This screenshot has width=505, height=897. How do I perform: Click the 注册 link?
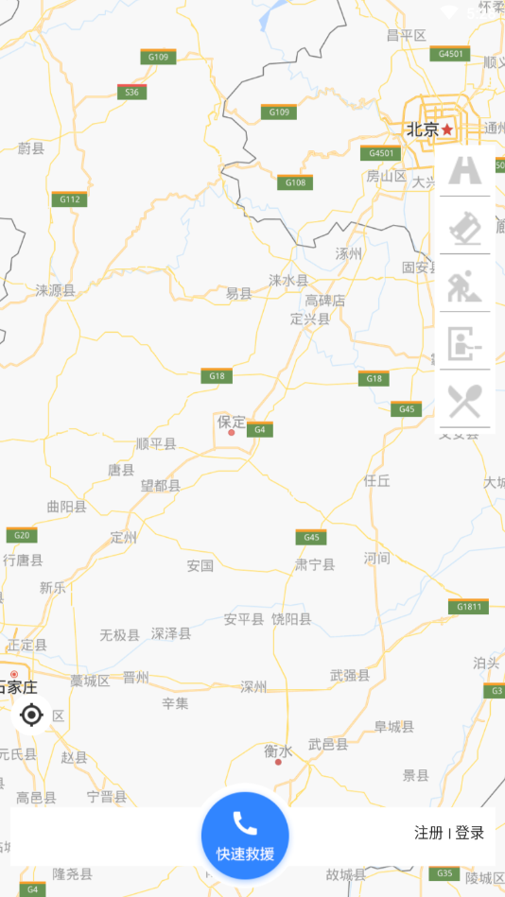point(428,833)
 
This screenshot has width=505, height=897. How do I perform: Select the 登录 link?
point(470,833)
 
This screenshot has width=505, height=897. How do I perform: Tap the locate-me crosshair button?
point(31,715)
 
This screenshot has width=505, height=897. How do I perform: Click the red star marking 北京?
point(447,129)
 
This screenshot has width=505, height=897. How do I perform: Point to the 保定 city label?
point(232,422)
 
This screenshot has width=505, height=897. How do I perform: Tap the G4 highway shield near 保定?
point(260,429)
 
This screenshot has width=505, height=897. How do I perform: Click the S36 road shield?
point(131,92)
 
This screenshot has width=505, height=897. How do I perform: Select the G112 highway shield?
point(69,198)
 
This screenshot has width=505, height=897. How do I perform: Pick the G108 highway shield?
point(295,181)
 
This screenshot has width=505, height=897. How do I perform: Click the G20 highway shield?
point(22,535)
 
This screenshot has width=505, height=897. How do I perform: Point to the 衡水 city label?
point(278,750)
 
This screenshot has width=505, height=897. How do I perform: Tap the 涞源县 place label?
point(55,290)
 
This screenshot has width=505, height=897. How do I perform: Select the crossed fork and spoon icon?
point(465,401)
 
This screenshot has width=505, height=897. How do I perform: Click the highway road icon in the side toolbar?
point(465,171)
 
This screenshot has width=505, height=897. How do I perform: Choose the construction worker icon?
point(465,285)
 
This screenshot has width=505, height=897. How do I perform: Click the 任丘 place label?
point(377,480)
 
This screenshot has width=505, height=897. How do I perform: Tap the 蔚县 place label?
point(31,147)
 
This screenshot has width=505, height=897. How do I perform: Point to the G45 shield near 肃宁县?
point(311,537)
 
